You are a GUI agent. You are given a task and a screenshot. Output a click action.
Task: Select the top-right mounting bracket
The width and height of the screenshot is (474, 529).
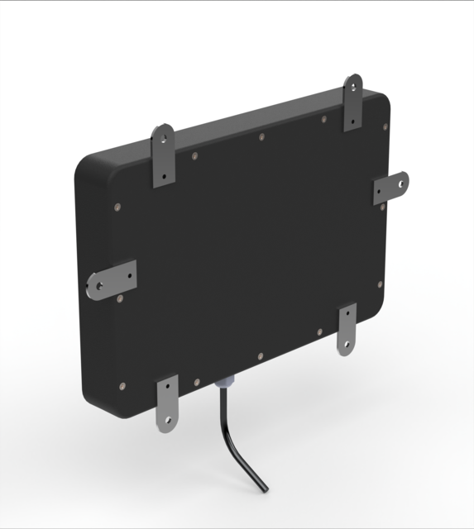click(353, 102)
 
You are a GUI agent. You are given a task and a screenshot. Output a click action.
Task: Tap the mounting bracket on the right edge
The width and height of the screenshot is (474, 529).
click(390, 188)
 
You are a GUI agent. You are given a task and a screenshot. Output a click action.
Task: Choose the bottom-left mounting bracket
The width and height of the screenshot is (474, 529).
click(168, 402)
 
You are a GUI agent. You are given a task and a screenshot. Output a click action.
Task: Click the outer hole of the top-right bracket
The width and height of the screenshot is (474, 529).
click(354, 84)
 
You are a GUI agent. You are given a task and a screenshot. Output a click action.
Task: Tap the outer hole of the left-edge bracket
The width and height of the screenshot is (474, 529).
click(93, 287)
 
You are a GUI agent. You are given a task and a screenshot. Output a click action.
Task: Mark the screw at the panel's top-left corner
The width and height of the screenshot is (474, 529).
click(117, 207)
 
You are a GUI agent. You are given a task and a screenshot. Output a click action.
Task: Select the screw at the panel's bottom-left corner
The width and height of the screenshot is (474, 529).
click(123, 384)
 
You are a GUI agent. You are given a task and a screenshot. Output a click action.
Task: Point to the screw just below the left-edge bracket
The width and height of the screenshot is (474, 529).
click(121, 298)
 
